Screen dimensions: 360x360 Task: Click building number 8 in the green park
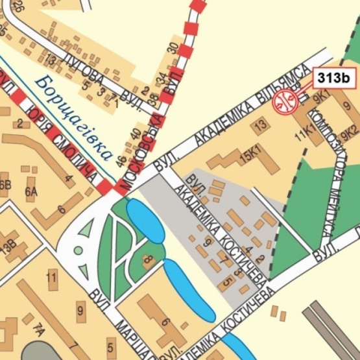click(147, 261)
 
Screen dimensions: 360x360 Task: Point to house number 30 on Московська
click(173, 47)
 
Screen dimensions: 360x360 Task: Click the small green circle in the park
click(78, 250)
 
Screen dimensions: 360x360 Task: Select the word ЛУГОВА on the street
click(84, 69)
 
